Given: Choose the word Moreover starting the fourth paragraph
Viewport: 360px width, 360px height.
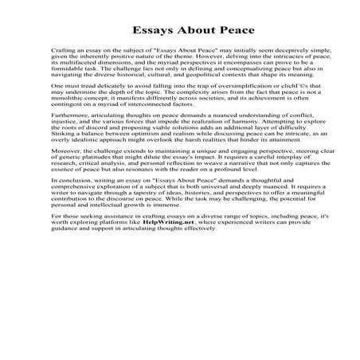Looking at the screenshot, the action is click(65, 191).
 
